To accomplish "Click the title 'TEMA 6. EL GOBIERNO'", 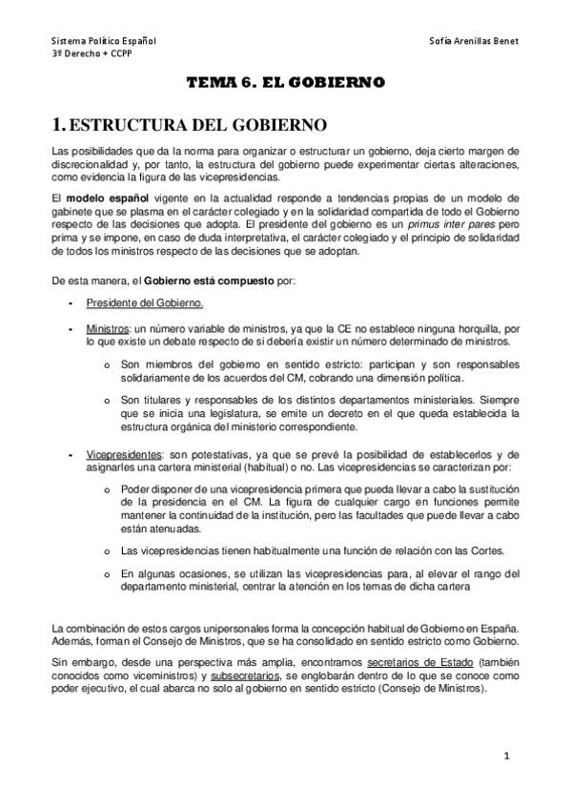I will (285, 83).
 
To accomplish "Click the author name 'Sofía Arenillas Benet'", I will (474, 43).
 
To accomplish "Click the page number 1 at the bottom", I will (508, 756).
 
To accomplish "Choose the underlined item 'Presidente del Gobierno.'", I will (144, 303).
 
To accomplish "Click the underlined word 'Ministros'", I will (107, 328).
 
